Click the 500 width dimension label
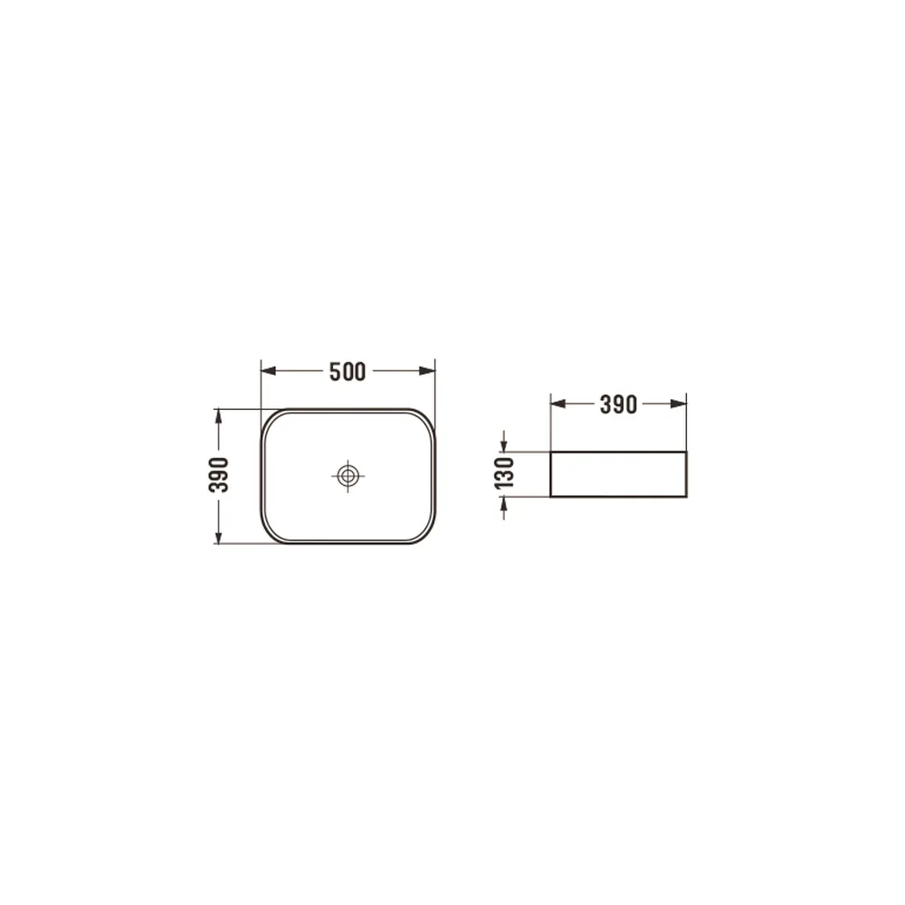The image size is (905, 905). pyautogui.click(x=348, y=372)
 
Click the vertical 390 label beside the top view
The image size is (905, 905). pyautogui.click(x=219, y=475)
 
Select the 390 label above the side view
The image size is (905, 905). pyautogui.click(x=618, y=405)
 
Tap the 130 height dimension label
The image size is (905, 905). pyautogui.click(x=504, y=472)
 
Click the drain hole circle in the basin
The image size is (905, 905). pyautogui.click(x=348, y=476)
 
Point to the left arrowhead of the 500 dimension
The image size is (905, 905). pyautogui.click(x=269, y=371)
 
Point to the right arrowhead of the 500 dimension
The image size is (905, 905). pyautogui.click(x=426, y=371)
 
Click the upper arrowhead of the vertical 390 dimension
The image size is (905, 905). pyautogui.click(x=218, y=417)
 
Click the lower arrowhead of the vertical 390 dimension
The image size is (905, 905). pyautogui.click(x=218, y=535)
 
